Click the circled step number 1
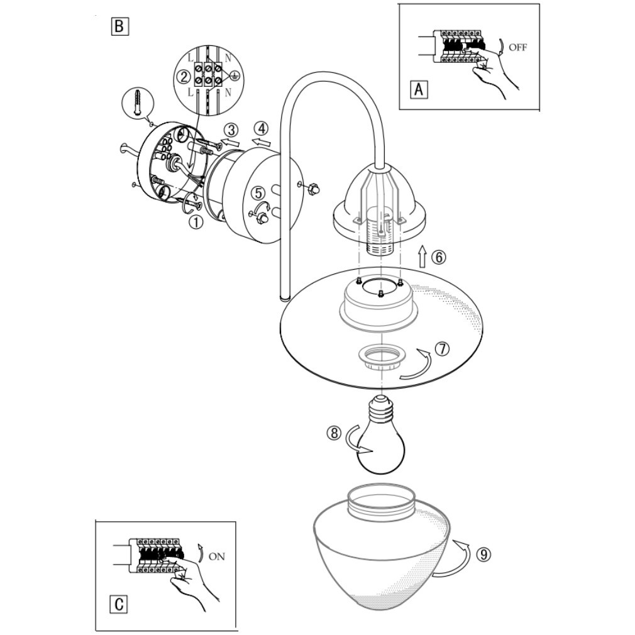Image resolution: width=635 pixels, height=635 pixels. point(196,223)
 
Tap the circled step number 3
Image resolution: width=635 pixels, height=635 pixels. point(231,130)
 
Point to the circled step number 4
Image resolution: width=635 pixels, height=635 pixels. point(261,128)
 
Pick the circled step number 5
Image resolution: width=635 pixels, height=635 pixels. point(258,193)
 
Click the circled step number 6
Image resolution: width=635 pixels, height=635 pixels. point(438,257)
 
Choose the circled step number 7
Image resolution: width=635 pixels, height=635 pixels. point(442,349)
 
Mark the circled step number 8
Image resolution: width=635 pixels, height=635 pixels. point(334,433)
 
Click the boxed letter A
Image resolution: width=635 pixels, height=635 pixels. point(419,89)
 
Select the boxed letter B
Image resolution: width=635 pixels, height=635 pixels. point(119,27)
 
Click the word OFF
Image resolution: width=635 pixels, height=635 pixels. point(517,47)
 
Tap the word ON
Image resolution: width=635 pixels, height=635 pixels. point(217,556)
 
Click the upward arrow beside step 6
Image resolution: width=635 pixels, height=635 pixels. point(422,256)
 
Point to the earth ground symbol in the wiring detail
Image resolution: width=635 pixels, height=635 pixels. point(234,75)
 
